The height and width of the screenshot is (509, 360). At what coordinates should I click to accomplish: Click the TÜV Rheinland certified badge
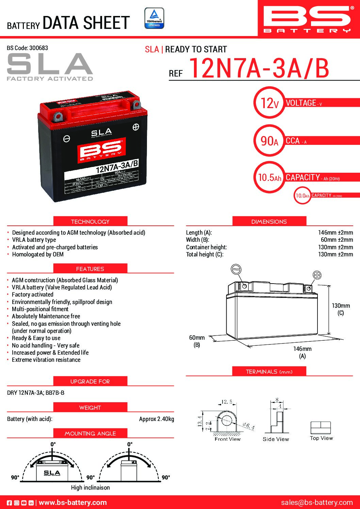(154, 18)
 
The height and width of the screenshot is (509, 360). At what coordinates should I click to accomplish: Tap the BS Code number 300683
(38, 48)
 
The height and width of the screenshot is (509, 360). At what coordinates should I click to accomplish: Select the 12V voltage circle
(269, 103)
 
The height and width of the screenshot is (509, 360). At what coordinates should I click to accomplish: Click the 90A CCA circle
(269, 140)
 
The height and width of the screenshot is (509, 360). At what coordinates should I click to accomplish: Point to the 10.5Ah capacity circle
(269, 177)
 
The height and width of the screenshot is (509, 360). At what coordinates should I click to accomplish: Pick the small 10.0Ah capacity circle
(302, 196)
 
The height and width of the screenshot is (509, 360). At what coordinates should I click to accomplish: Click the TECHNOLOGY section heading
(90, 222)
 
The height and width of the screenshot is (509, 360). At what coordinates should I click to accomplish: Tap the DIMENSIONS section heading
(269, 222)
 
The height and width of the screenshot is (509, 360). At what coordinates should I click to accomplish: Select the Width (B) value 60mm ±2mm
(337, 240)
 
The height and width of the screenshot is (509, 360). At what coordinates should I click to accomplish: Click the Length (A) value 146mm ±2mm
(336, 233)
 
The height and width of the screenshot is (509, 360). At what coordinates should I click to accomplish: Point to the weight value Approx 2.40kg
(157, 419)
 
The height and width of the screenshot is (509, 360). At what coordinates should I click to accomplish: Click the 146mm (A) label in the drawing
(302, 352)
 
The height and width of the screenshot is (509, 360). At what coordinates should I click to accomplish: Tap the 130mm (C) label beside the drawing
(341, 309)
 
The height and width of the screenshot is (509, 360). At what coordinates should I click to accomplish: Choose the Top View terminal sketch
(321, 428)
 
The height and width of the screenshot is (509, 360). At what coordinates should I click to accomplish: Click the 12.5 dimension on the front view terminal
(227, 402)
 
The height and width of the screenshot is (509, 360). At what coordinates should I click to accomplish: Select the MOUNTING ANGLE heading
(90, 434)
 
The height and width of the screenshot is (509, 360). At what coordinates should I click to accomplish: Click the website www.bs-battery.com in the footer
(73, 503)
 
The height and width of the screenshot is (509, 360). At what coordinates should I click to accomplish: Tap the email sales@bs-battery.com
(317, 503)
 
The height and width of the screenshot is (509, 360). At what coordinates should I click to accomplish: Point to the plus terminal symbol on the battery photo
(136, 127)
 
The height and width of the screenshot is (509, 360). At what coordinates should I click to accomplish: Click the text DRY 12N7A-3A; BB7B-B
(36, 393)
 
